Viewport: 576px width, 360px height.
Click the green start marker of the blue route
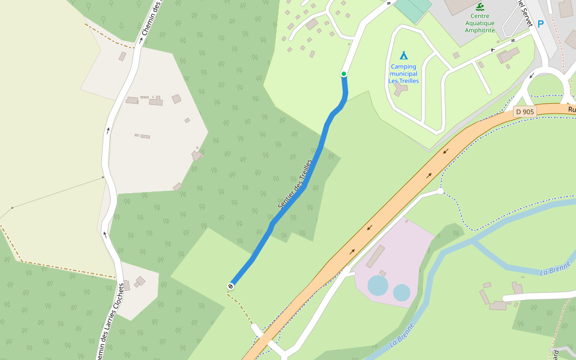344,74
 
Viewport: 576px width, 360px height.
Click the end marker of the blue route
230,287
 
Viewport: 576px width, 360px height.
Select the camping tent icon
404,56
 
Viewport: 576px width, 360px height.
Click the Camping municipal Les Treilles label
404,74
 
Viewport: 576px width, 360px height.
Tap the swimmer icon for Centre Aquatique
479,7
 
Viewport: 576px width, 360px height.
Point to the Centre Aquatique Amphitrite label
479,23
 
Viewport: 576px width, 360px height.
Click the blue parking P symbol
541,25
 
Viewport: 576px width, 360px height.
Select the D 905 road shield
524,112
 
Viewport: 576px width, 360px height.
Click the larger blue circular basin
378,286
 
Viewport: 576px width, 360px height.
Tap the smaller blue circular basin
401,293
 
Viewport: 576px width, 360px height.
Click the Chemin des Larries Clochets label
112,321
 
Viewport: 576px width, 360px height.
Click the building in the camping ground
400,89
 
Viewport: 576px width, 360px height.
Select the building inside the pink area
376,256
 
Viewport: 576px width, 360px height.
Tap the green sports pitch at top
413,7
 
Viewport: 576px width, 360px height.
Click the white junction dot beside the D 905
440,191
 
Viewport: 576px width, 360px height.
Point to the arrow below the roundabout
532,76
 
